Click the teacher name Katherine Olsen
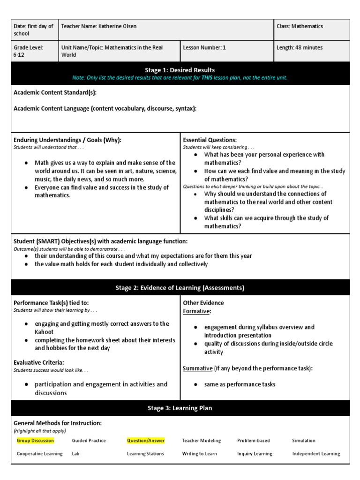(118, 26)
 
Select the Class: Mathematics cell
(300, 26)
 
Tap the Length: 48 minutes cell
(300, 47)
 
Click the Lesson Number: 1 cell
(204, 47)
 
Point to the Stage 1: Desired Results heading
(180, 70)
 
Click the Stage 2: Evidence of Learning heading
(180, 288)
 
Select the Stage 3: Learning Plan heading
(180, 408)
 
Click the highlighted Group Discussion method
(35, 441)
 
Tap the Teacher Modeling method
(201, 441)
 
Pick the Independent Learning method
(316, 454)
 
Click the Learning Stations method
(145, 454)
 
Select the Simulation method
(304, 441)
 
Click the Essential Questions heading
(210, 140)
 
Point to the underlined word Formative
(196, 311)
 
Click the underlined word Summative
(197, 368)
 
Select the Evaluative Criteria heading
(39, 362)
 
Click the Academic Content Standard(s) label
(55, 92)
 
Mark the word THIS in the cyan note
(207, 78)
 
